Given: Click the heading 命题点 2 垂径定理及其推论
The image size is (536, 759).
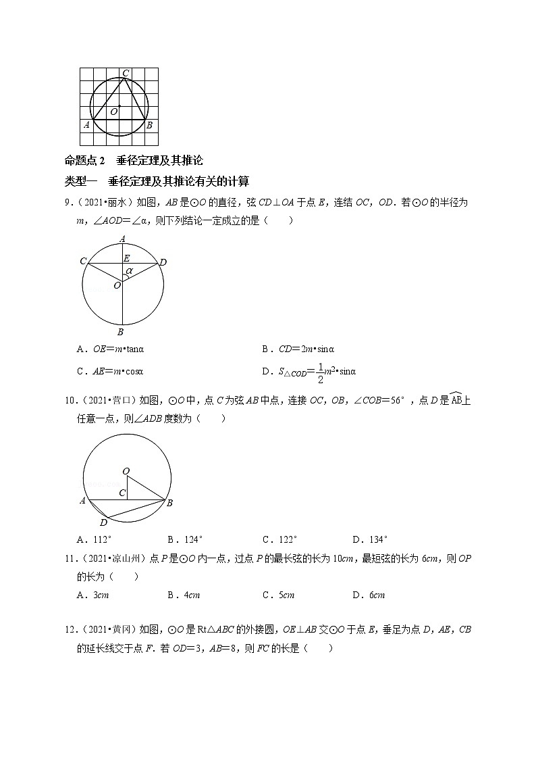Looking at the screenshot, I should tap(133, 161).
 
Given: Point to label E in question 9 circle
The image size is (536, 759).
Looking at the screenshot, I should tap(126, 258).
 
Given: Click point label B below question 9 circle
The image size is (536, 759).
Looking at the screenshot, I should tap(120, 332).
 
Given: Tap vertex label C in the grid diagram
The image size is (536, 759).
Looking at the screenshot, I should tap(126, 73).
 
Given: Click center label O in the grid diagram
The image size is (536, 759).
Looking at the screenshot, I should tap(113, 111).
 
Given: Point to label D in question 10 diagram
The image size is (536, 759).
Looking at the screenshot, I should tap(103, 523).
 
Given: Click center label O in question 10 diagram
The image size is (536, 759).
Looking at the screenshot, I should tap(126, 470).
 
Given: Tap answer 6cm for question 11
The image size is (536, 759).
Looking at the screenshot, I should tap(369, 595).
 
